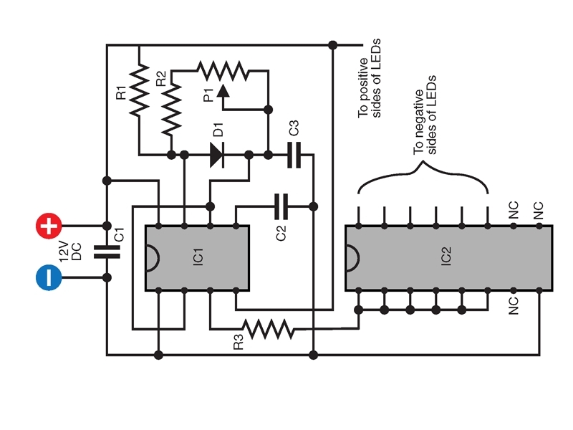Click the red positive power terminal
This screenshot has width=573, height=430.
pos(49,226)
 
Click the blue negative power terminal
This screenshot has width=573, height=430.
pos(49,277)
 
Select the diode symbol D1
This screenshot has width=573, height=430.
pos(217,155)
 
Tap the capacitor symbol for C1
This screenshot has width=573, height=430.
pos(107,252)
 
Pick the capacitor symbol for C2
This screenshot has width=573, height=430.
pos(281,206)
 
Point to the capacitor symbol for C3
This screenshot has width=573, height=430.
pos(294,155)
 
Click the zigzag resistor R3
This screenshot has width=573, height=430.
pos(268,329)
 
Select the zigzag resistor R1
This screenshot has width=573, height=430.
pos(139,91)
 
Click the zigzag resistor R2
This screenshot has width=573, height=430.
pos(171,109)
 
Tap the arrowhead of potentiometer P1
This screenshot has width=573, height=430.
pos(223,92)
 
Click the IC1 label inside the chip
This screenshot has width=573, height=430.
pos(198,257)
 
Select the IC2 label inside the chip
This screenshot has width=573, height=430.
pos(446,256)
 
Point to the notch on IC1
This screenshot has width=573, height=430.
pos(153,258)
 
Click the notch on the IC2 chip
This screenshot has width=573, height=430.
pos(352,258)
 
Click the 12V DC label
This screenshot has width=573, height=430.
pos(70,252)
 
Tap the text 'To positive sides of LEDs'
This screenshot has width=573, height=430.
pos(369,78)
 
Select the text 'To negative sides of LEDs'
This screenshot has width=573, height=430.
pos(425,115)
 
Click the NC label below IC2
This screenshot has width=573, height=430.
pos(514,306)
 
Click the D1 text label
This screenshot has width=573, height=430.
pos(218,130)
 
